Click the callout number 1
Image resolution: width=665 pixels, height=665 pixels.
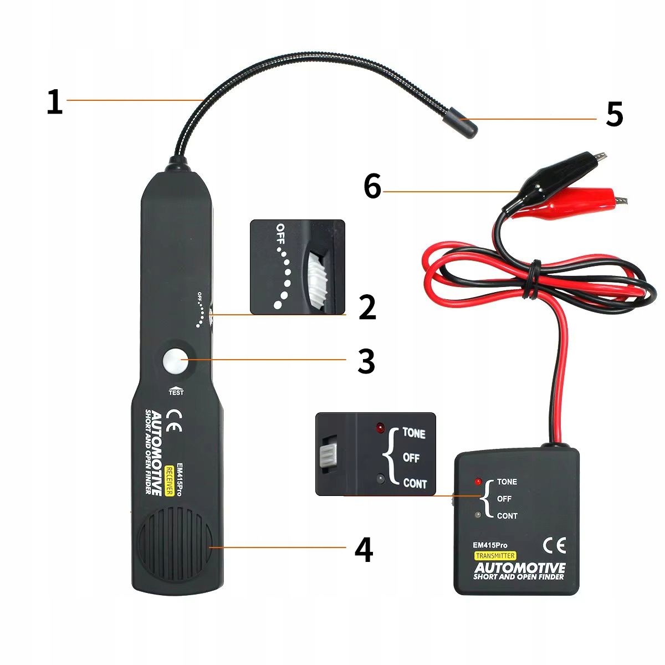click(x=54, y=102)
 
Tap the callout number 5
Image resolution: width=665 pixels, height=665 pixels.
click(x=614, y=114)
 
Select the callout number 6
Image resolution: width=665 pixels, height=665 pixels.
click(x=372, y=186)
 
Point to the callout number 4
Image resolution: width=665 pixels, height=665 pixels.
click(x=364, y=550)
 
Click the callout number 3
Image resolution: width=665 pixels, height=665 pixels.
click(x=366, y=361)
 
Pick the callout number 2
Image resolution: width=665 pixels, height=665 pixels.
click(x=367, y=308)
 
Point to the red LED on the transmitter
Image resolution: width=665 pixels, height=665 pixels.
click(x=478, y=482)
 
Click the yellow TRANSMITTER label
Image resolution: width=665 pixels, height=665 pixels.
click(x=495, y=556)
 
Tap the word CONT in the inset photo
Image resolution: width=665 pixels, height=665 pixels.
click(x=415, y=483)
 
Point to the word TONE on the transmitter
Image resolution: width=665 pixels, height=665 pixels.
click(x=507, y=482)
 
